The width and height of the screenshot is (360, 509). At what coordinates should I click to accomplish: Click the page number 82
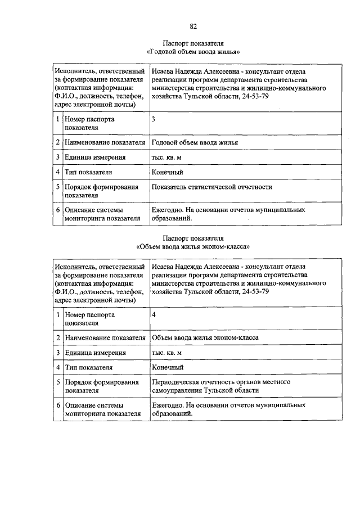tap(193, 26)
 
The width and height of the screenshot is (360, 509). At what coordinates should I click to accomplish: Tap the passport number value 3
tap(154, 119)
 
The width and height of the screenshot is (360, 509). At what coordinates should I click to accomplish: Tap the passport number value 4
tap(154, 314)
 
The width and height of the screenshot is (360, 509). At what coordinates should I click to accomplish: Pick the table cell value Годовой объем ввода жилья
tap(195, 142)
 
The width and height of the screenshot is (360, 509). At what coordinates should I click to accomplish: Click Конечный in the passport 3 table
tap(167, 172)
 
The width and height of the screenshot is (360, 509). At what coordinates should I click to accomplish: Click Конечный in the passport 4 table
tap(167, 367)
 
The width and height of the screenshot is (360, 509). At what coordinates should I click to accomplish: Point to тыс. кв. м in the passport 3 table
tap(166, 157)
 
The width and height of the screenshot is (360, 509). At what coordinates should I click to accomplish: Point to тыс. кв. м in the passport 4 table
tap(166, 353)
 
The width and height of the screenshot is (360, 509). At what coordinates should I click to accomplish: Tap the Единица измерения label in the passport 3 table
tap(94, 157)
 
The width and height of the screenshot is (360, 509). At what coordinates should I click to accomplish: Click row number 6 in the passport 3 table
tap(58, 210)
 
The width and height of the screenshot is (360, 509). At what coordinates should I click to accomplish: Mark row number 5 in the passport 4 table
tap(58, 382)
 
